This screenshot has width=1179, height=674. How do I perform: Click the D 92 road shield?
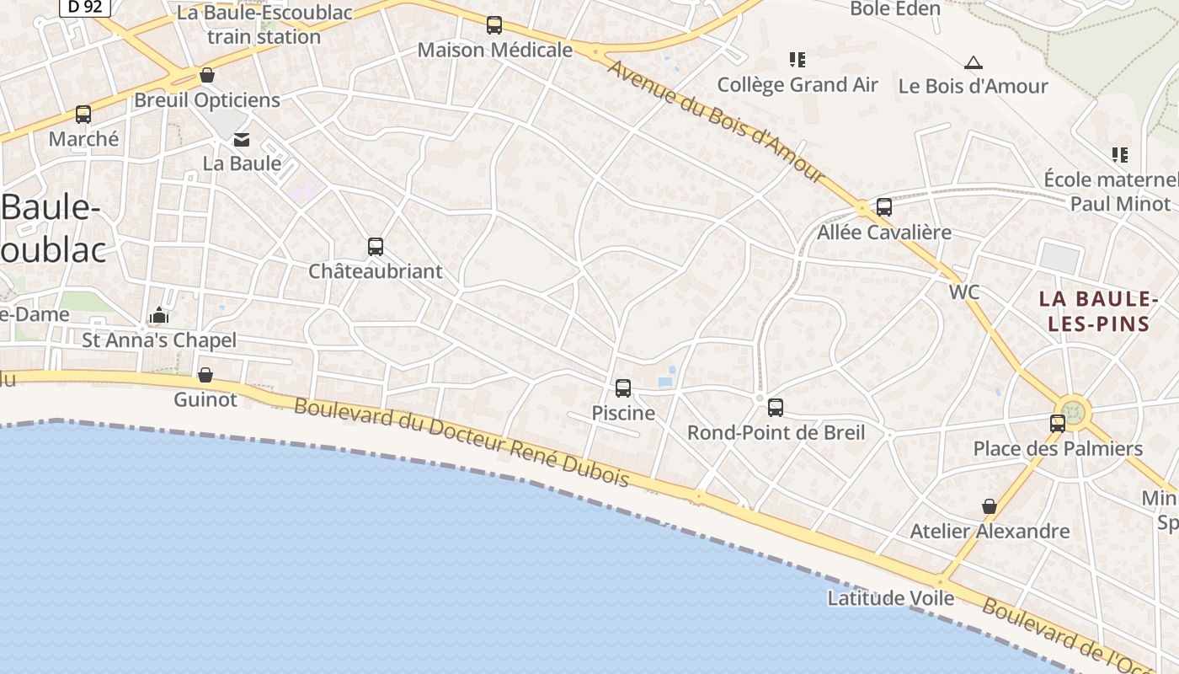pyautogui.click(x=84, y=7)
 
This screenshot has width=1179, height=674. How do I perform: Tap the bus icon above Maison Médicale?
pyautogui.click(x=494, y=25)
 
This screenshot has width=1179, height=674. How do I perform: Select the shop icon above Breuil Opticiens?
pyautogui.click(x=207, y=76)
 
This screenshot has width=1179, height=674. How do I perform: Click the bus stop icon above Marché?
pyautogui.click(x=83, y=115)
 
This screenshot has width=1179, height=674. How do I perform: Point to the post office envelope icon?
pyautogui.click(x=243, y=139)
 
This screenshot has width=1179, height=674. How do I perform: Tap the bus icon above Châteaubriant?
pyautogui.click(x=376, y=247)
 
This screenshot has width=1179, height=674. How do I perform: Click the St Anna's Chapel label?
pyautogui.click(x=159, y=340)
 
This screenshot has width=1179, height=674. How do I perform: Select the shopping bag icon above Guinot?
pyautogui.click(x=205, y=375)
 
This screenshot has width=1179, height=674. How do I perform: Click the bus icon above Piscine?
pyautogui.click(x=623, y=388)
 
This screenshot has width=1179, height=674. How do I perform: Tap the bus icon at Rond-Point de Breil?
pyautogui.click(x=776, y=408)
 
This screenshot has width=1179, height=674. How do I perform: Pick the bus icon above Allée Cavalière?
pyautogui.click(x=884, y=207)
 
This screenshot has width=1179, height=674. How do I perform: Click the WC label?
pyautogui.click(x=964, y=292)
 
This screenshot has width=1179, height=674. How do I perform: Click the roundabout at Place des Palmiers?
pyautogui.click(x=1075, y=412)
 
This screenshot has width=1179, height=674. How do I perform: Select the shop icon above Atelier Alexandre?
pyautogui.click(x=990, y=506)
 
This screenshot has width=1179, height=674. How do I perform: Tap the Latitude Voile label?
pyautogui.click(x=891, y=598)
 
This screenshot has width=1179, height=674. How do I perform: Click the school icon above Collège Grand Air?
pyautogui.click(x=797, y=60)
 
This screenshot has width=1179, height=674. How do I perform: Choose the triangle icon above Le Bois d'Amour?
pyautogui.click(x=974, y=62)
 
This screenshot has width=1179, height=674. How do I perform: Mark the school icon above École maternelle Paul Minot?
pyautogui.click(x=1120, y=155)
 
